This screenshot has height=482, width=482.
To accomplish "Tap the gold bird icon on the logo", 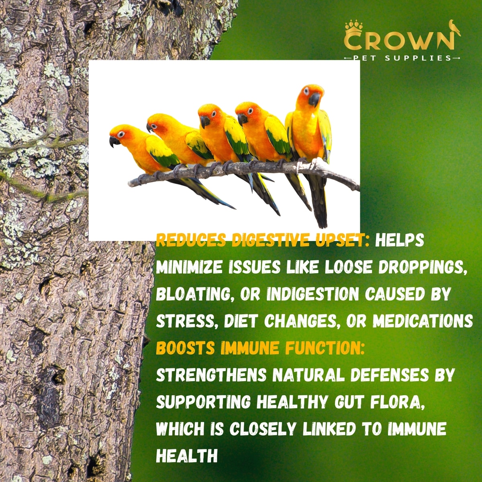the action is tap(454, 28).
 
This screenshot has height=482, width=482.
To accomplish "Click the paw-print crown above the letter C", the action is tap(354, 29).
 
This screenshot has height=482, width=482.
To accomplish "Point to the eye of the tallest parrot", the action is tap(306, 91).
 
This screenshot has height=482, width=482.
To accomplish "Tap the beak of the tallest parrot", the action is tap(314, 99).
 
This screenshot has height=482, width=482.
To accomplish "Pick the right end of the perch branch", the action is tap(359, 188).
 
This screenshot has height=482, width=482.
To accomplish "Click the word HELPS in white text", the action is tap(399, 240).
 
